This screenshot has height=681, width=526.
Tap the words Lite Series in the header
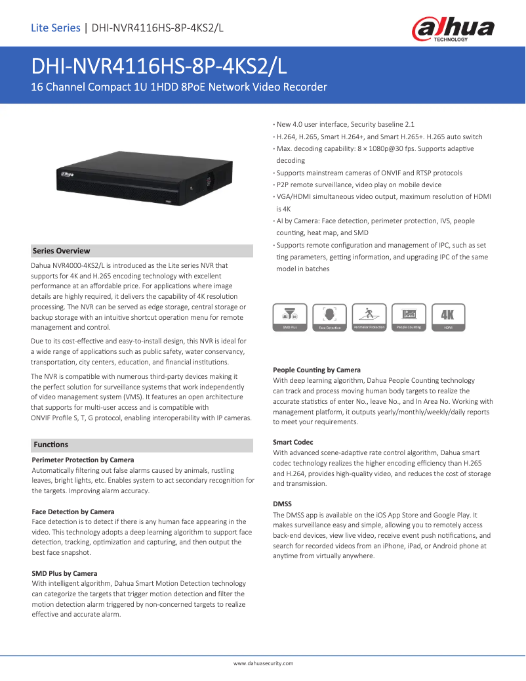pos(56,28)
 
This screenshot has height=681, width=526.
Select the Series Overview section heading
pos(62,251)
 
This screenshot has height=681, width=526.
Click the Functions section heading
pos(51,445)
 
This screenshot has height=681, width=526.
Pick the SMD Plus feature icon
pos(290,317)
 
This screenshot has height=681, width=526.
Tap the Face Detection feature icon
pos(329,317)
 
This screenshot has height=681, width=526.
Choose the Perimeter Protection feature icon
pos(369,317)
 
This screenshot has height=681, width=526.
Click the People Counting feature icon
pos(409,317)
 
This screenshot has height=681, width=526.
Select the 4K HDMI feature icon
pos(448,317)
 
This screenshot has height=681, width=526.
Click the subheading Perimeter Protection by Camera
pos(83,460)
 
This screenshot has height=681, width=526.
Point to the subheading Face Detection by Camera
pos(73,512)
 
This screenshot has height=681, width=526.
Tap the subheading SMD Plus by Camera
pos(64,573)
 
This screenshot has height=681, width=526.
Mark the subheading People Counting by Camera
pos(316,370)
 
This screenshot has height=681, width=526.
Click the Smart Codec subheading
pos(293,442)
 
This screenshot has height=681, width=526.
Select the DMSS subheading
pos(282,504)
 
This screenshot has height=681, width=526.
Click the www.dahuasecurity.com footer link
pos(263,663)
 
